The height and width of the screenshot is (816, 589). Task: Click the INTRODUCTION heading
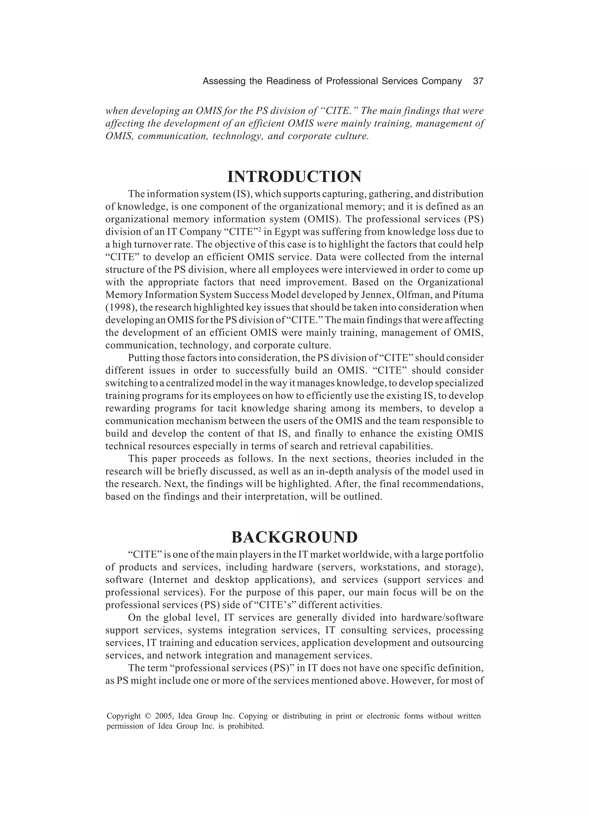pos(294,177)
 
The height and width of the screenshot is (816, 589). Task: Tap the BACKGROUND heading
pos(294,538)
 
